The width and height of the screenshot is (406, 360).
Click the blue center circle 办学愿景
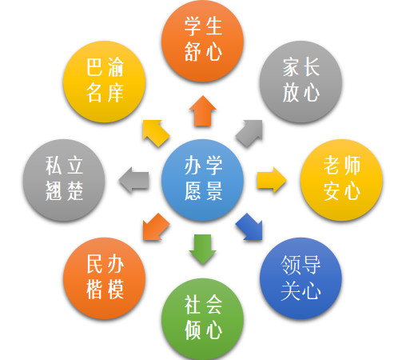pos(202,180)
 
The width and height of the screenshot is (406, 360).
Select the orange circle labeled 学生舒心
pos(202,41)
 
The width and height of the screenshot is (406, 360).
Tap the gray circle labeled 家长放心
pos(301,82)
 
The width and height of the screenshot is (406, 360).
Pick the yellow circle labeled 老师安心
pos(341,180)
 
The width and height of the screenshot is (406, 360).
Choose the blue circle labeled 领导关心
pos(301,278)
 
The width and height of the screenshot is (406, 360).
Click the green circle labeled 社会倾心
pos(202,319)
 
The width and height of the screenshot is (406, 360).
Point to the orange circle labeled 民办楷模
pos(104,278)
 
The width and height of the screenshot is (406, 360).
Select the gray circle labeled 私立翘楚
pos(64,180)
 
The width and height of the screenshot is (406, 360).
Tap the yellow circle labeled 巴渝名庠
pos(104,82)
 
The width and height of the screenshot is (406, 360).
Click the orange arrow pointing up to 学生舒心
pos(202,111)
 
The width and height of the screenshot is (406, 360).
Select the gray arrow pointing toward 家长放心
pos(249,133)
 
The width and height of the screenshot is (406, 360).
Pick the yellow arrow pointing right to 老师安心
pos(272,180)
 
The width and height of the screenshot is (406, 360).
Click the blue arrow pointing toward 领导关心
pos(249,226)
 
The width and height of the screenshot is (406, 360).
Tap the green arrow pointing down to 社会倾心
pos(202,250)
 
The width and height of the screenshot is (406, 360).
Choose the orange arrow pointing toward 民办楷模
pos(157,226)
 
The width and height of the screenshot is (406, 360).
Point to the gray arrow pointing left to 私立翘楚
pos(133,180)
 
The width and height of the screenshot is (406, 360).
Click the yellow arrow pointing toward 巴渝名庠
pos(157,133)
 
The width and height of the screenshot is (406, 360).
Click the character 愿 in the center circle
pos(193,190)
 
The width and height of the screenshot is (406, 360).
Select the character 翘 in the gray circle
pos(54,190)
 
